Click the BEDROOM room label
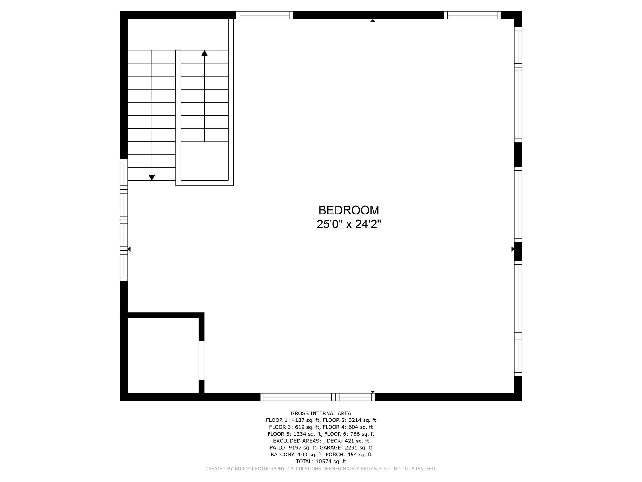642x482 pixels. point(349,210)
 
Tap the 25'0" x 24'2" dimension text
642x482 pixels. point(349,224)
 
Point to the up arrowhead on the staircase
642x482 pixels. point(204,53)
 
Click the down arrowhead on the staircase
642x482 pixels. point(152,177)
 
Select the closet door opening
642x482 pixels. point(202,360)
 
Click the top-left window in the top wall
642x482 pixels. point(265,15)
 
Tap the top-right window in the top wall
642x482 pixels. point(472,15)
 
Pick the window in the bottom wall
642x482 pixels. point(317,397)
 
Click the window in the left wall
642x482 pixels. point(124,220)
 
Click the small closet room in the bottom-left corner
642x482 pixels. point(163,355)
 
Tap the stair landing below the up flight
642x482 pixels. point(204,161)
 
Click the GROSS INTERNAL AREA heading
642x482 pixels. point(321,413)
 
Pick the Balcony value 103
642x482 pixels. point(304,455)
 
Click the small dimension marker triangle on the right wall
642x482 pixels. point(513,249)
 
